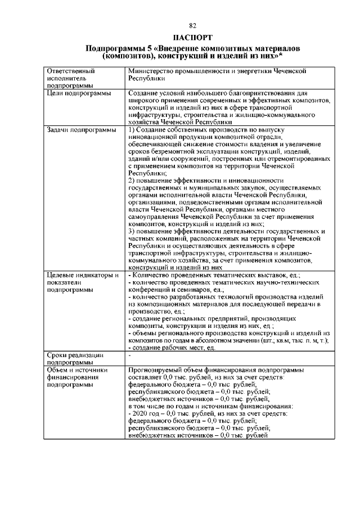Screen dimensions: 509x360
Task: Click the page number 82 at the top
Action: [x=192, y=26]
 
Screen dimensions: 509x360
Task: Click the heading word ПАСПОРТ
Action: [x=192, y=38]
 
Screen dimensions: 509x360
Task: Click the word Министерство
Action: [x=152, y=71]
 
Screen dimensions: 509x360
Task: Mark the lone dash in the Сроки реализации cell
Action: [x=130, y=355]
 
